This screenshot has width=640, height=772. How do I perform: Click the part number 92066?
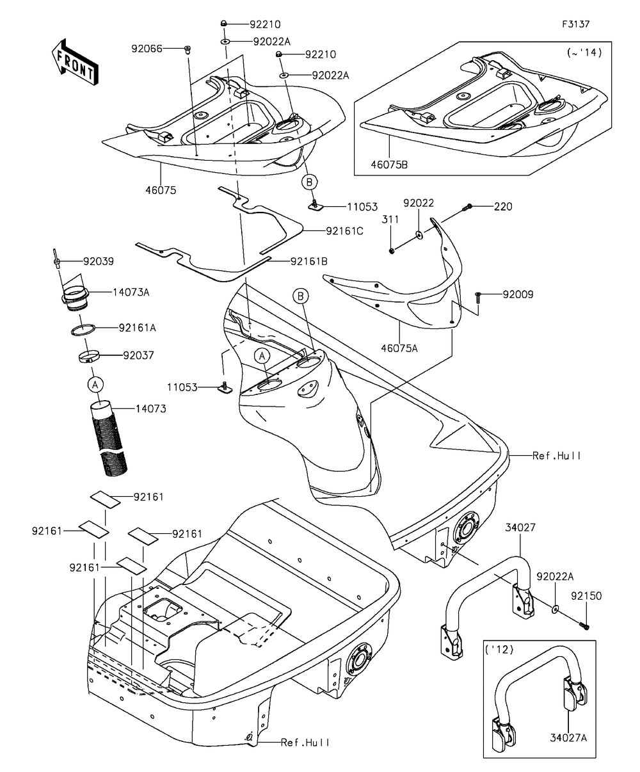[x=147, y=49]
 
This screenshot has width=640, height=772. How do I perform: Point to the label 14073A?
[x=131, y=292]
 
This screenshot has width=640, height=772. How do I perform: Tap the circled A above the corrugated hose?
[x=95, y=384]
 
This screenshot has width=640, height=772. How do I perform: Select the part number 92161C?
[x=344, y=231]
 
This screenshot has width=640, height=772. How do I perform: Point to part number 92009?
[x=518, y=295]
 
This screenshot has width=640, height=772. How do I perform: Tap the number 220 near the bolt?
[x=503, y=207]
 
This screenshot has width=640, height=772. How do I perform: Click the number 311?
[x=391, y=220]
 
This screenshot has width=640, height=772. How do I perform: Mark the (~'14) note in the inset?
[x=584, y=53]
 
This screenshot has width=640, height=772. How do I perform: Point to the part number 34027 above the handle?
[x=520, y=527]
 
